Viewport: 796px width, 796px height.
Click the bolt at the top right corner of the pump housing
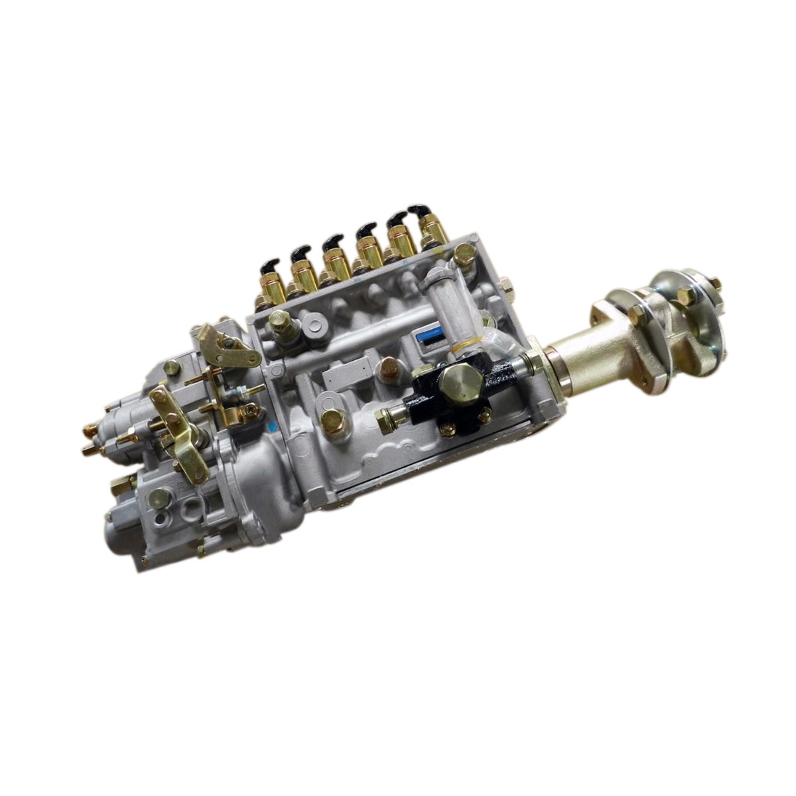[464, 253]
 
